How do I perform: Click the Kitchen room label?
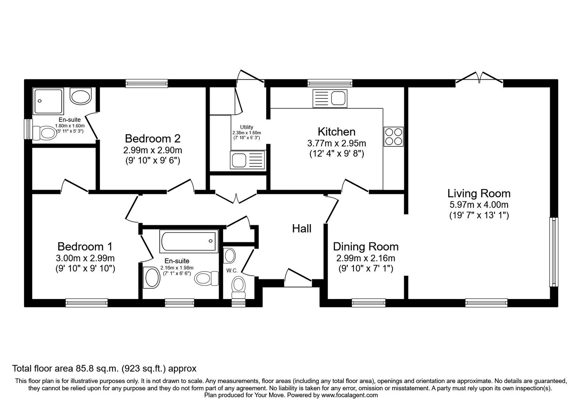[x=336, y=132]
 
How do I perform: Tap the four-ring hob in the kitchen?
[x=393, y=136]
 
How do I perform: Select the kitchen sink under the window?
[x=330, y=98]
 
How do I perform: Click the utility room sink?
[x=247, y=160]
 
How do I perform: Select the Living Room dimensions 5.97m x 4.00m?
[x=479, y=205]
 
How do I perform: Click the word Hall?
[x=302, y=229]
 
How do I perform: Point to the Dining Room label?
[x=366, y=247]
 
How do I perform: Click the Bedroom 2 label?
[x=152, y=138]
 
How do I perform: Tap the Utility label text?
[x=247, y=127]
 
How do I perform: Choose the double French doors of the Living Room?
[x=479, y=78]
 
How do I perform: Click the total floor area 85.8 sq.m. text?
[x=104, y=368]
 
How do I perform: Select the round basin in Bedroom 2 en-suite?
[x=81, y=97]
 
